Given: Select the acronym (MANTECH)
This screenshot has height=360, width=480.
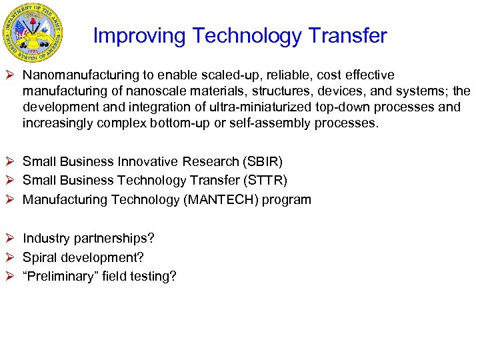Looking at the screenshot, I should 220,199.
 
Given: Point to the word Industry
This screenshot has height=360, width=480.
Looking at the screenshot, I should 44,238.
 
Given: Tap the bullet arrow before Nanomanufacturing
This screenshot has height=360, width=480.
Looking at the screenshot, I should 11,75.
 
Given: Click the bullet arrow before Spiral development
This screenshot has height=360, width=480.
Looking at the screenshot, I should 11,257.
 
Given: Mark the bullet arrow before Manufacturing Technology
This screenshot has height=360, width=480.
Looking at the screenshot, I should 11,199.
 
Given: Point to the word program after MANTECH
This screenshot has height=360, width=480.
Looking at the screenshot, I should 287,199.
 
